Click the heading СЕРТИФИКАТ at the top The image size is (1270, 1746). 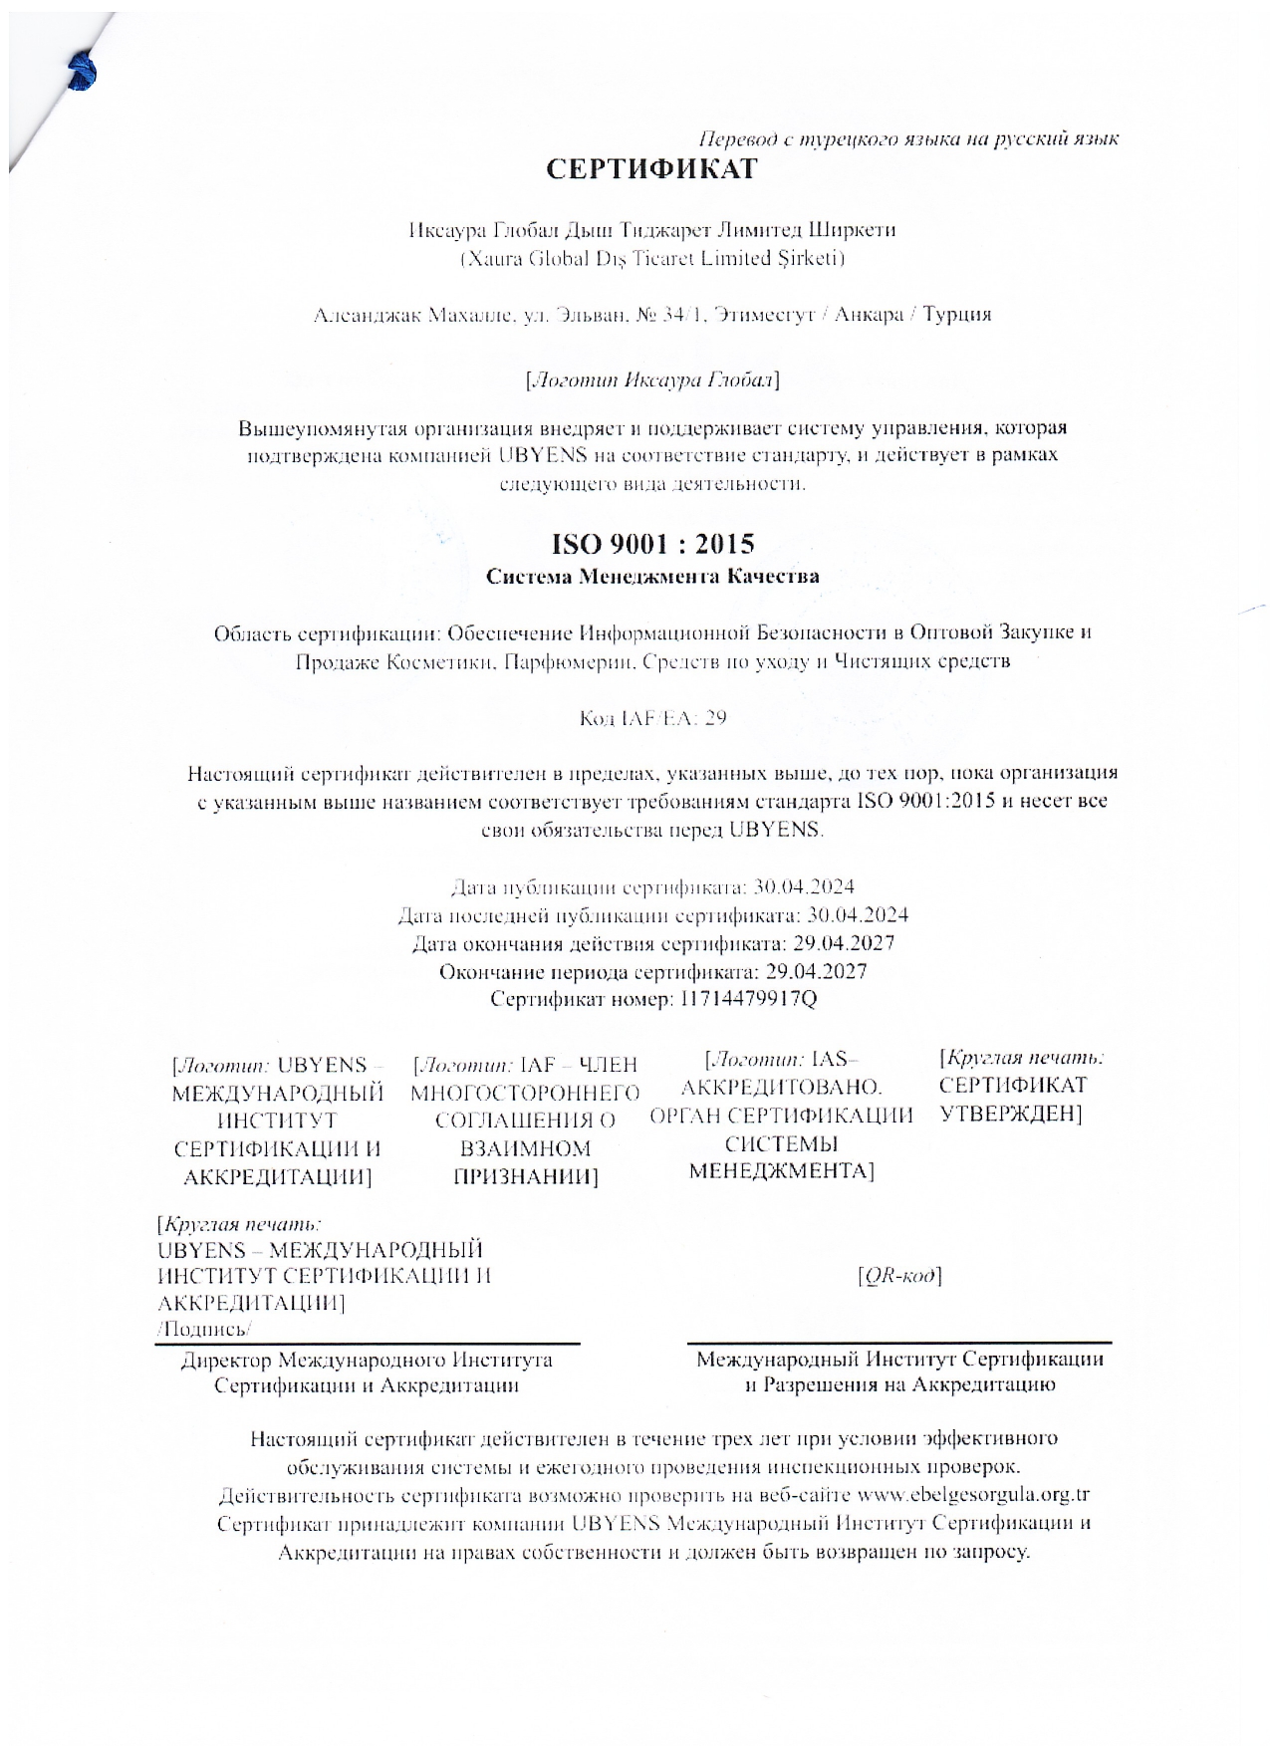651,169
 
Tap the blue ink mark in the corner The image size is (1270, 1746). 82,72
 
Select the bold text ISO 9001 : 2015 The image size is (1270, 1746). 652,544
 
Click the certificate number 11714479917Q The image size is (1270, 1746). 748,999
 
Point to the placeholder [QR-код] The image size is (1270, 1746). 899,1275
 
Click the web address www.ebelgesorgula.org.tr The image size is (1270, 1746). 973,1495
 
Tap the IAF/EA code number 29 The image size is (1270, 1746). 715,717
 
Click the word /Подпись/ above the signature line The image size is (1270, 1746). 204,1329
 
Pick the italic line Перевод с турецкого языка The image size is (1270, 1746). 907,138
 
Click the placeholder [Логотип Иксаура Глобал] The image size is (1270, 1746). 652,380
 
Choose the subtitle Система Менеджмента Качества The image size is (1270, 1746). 652,577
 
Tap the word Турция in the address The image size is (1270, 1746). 957,315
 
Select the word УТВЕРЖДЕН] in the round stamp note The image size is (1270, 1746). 1010,1114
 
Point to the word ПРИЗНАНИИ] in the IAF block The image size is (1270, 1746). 526,1177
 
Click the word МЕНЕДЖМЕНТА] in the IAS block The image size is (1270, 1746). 781,1170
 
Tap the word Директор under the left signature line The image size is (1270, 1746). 226,1360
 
